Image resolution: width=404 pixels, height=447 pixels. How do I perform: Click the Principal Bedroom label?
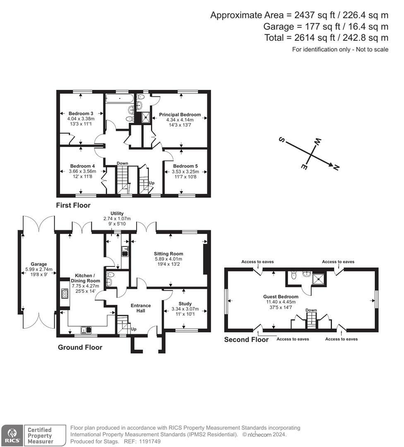180,115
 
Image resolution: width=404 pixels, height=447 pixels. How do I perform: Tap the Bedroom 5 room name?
185,166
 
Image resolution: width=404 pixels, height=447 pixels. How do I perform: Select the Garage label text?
39,264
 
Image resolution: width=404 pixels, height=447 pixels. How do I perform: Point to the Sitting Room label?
168,254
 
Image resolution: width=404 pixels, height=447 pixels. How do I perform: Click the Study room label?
185,304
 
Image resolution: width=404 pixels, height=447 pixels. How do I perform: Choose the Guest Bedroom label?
281,297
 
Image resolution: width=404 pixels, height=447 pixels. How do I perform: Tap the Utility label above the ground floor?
117,213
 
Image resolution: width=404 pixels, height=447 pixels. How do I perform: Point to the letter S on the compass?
282,140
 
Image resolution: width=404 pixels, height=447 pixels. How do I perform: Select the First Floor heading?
73,205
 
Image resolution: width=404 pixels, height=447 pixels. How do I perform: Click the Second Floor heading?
246,339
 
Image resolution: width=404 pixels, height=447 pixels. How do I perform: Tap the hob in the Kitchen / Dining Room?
65,293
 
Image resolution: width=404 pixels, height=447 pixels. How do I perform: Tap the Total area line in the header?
326,38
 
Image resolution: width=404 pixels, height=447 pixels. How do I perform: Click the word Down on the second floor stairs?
311,310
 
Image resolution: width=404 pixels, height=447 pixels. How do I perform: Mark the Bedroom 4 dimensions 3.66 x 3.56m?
82,171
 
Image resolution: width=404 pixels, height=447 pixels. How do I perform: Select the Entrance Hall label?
141,308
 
